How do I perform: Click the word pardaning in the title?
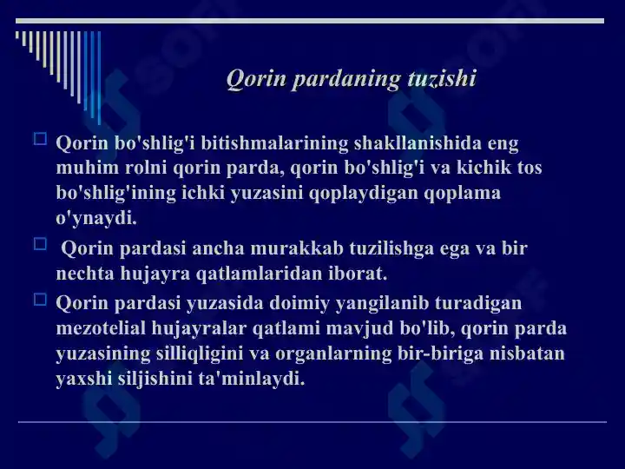(x=346, y=79)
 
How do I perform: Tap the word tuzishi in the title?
(x=442, y=77)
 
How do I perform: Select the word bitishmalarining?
(x=274, y=143)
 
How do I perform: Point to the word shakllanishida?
(x=418, y=143)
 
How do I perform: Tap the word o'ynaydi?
(x=96, y=219)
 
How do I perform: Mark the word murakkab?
(x=297, y=248)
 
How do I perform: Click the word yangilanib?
(x=382, y=304)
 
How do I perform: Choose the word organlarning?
(x=333, y=354)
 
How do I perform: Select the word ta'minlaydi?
(x=252, y=379)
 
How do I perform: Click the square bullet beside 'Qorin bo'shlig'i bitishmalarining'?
(x=40, y=139)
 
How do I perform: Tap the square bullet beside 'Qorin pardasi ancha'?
(x=40, y=244)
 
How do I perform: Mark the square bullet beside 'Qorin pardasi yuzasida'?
(x=40, y=300)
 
